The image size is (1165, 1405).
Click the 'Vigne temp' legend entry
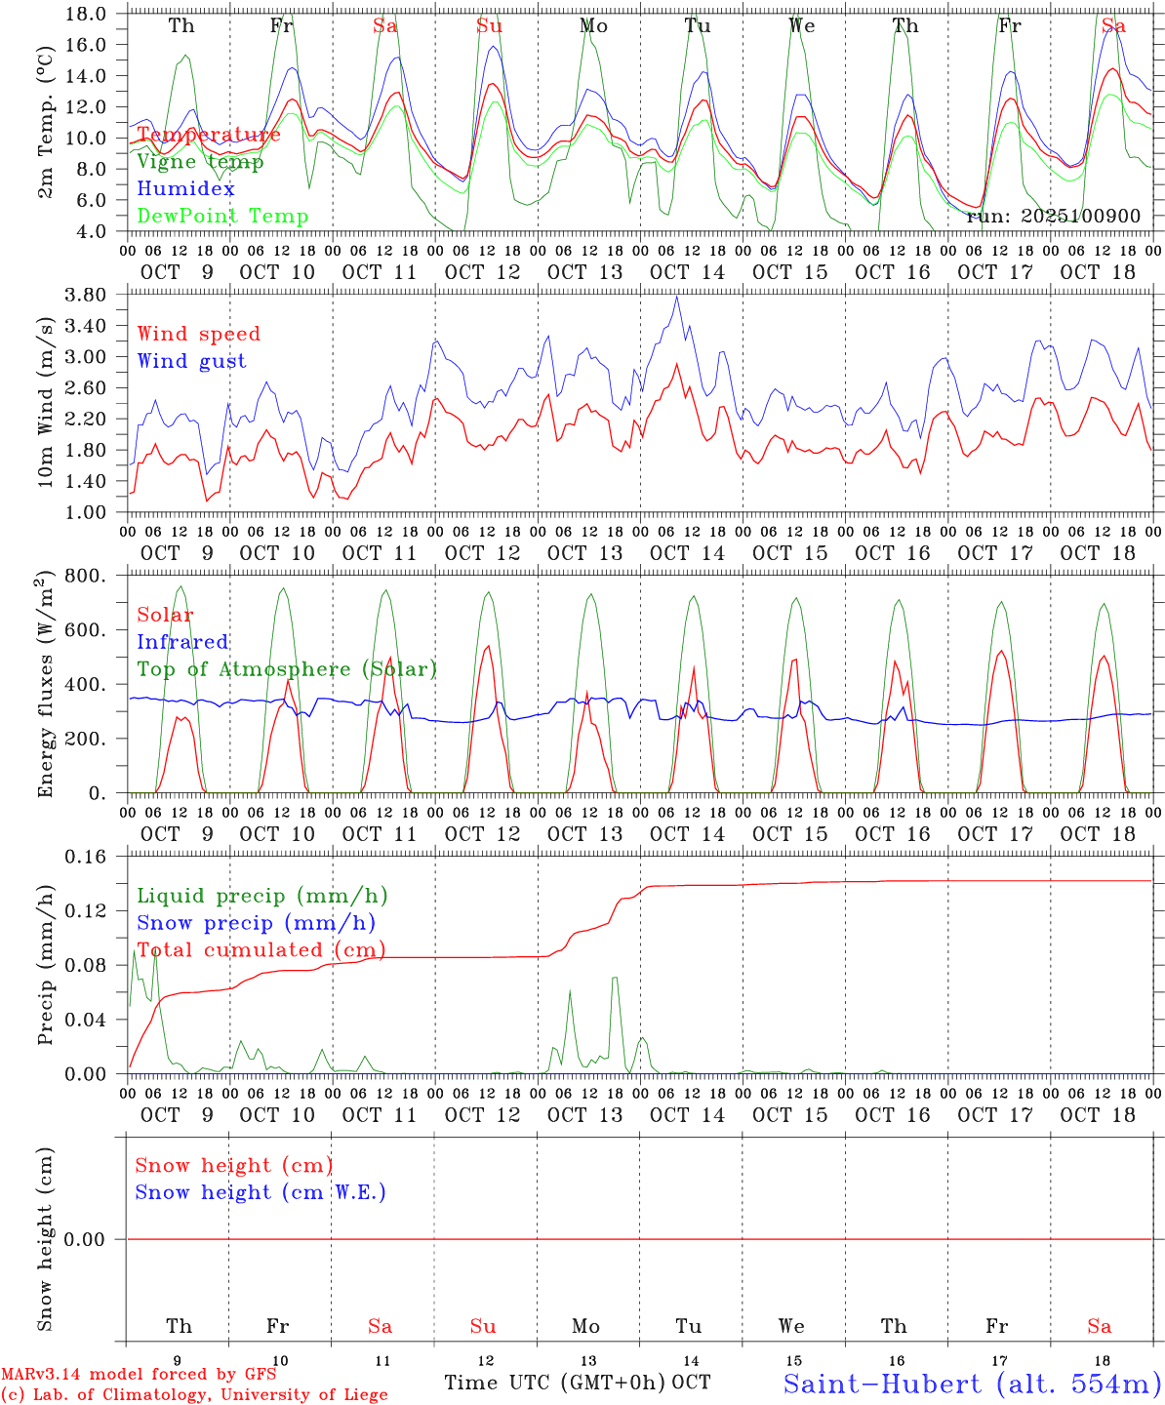pyautogui.click(x=200, y=162)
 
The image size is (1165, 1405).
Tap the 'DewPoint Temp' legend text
pyautogui.click(x=222, y=217)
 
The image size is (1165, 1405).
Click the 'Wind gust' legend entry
pyautogui.click(x=191, y=361)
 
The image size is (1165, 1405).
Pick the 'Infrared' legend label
pyautogui.click(x=182, y=642)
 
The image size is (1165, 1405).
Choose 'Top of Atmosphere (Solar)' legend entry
pyautogui.click(x=287, y=669)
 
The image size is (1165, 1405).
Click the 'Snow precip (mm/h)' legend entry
pyautogui.click(x=256, y=923)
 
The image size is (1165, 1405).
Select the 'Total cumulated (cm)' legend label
pyautogui.click(x=261, y=950)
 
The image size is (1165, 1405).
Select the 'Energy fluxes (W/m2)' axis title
pyautogui.click(x=45, y=685)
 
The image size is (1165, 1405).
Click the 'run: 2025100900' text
pyautogui.click(x=1053, y=217)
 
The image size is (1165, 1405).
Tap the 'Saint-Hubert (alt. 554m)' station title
pyautogui.click(x=972, y=1384)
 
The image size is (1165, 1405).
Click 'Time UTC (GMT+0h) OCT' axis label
pyautogui.click(x=578, y=1383)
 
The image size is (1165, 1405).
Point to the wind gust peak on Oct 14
pyautogui.click(x=677, y=297)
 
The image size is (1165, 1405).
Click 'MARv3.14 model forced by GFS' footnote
pyautogui.click(x=139, y=1375)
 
